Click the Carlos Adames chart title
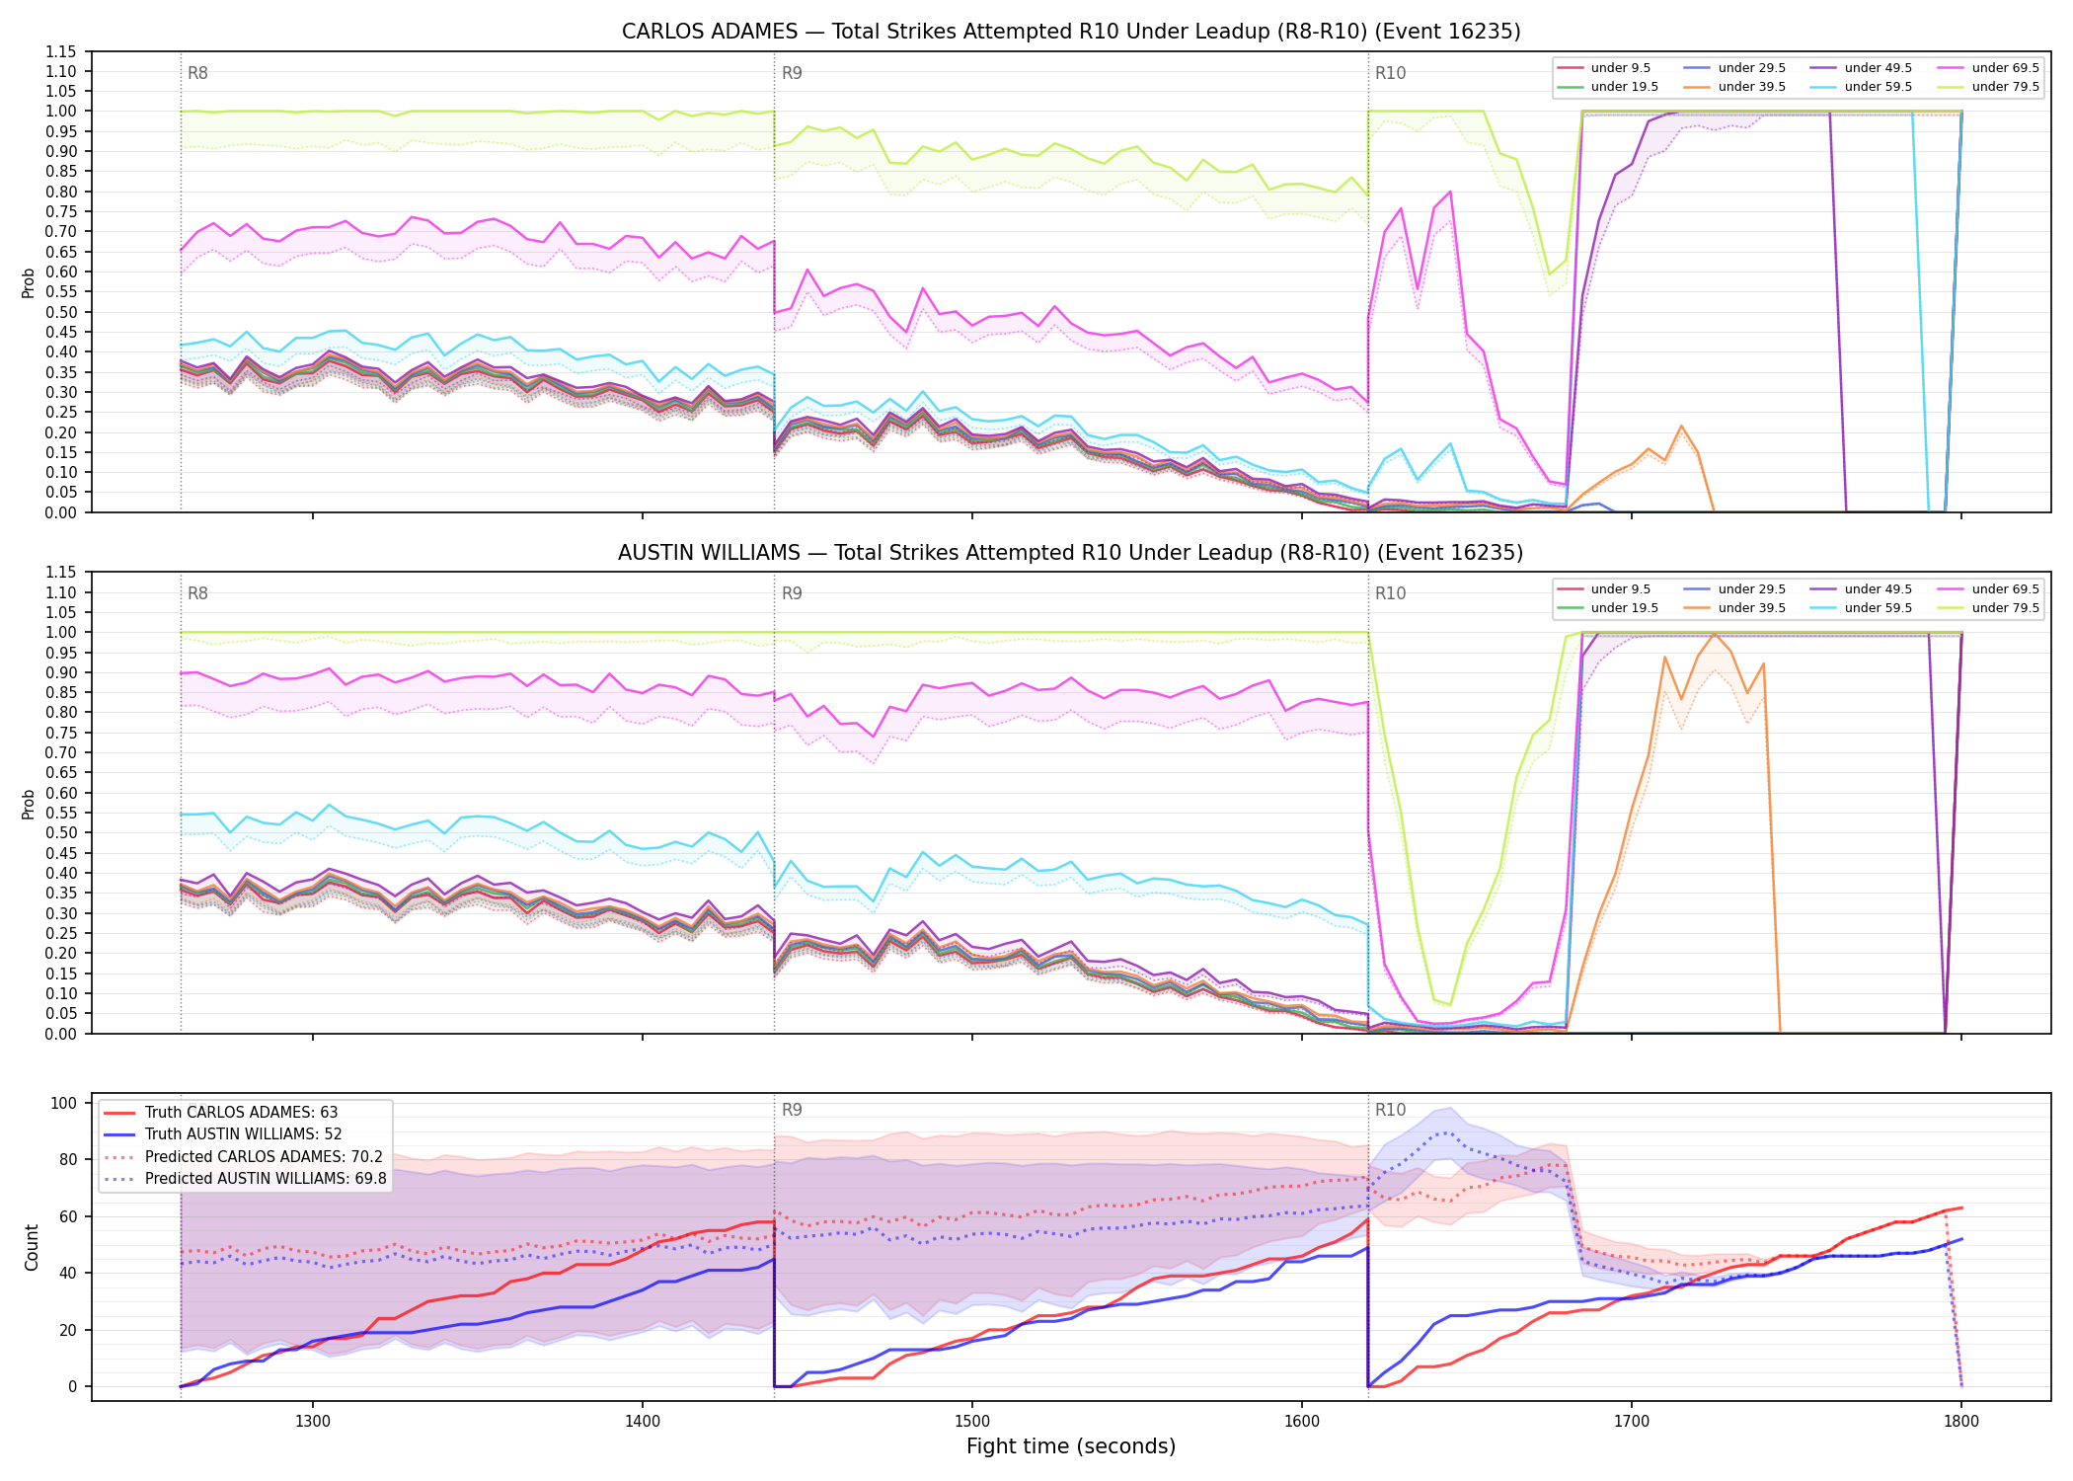click(1071, 32)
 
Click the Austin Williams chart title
click(1071, 553)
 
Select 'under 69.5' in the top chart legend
click(2005, 68)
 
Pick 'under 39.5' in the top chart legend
click(1751, 87)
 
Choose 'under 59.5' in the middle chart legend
click(1878, 608)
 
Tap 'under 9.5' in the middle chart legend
click(1620, 589)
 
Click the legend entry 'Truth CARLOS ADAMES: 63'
click(241, 1113)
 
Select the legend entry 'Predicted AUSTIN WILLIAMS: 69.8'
click(266, 1179)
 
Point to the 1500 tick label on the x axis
click(972, 1421)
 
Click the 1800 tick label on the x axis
click(1961, 1421)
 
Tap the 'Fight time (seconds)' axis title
click(1071, 1446)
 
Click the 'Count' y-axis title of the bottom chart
click(32, 1247)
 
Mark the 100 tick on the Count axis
click(64, 1103)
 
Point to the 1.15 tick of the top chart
click(60, 51)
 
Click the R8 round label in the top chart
click(197, 73)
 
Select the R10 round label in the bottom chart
click(1390, 1110)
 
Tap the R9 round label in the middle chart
click(792, 593)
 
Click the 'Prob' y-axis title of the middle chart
click(29, 804)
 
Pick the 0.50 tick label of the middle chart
click(60, 832)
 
